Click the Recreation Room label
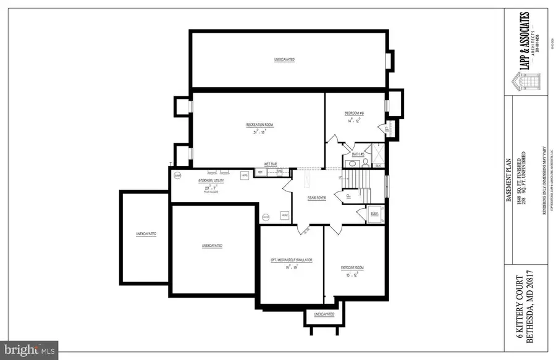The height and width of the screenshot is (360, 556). point(259,125)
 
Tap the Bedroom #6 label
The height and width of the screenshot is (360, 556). point(353,114)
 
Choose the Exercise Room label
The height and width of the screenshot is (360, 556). point(353,267)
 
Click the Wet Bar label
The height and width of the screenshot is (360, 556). point(271,164)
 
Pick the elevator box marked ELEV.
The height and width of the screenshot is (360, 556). point(374,214)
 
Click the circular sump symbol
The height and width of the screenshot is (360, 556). point(177,175)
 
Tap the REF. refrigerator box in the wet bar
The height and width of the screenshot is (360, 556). point(259,172)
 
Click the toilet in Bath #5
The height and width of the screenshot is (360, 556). point(365,164)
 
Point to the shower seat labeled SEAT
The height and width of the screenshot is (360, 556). point(378,165)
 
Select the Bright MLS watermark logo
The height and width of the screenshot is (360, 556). point(29,350)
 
